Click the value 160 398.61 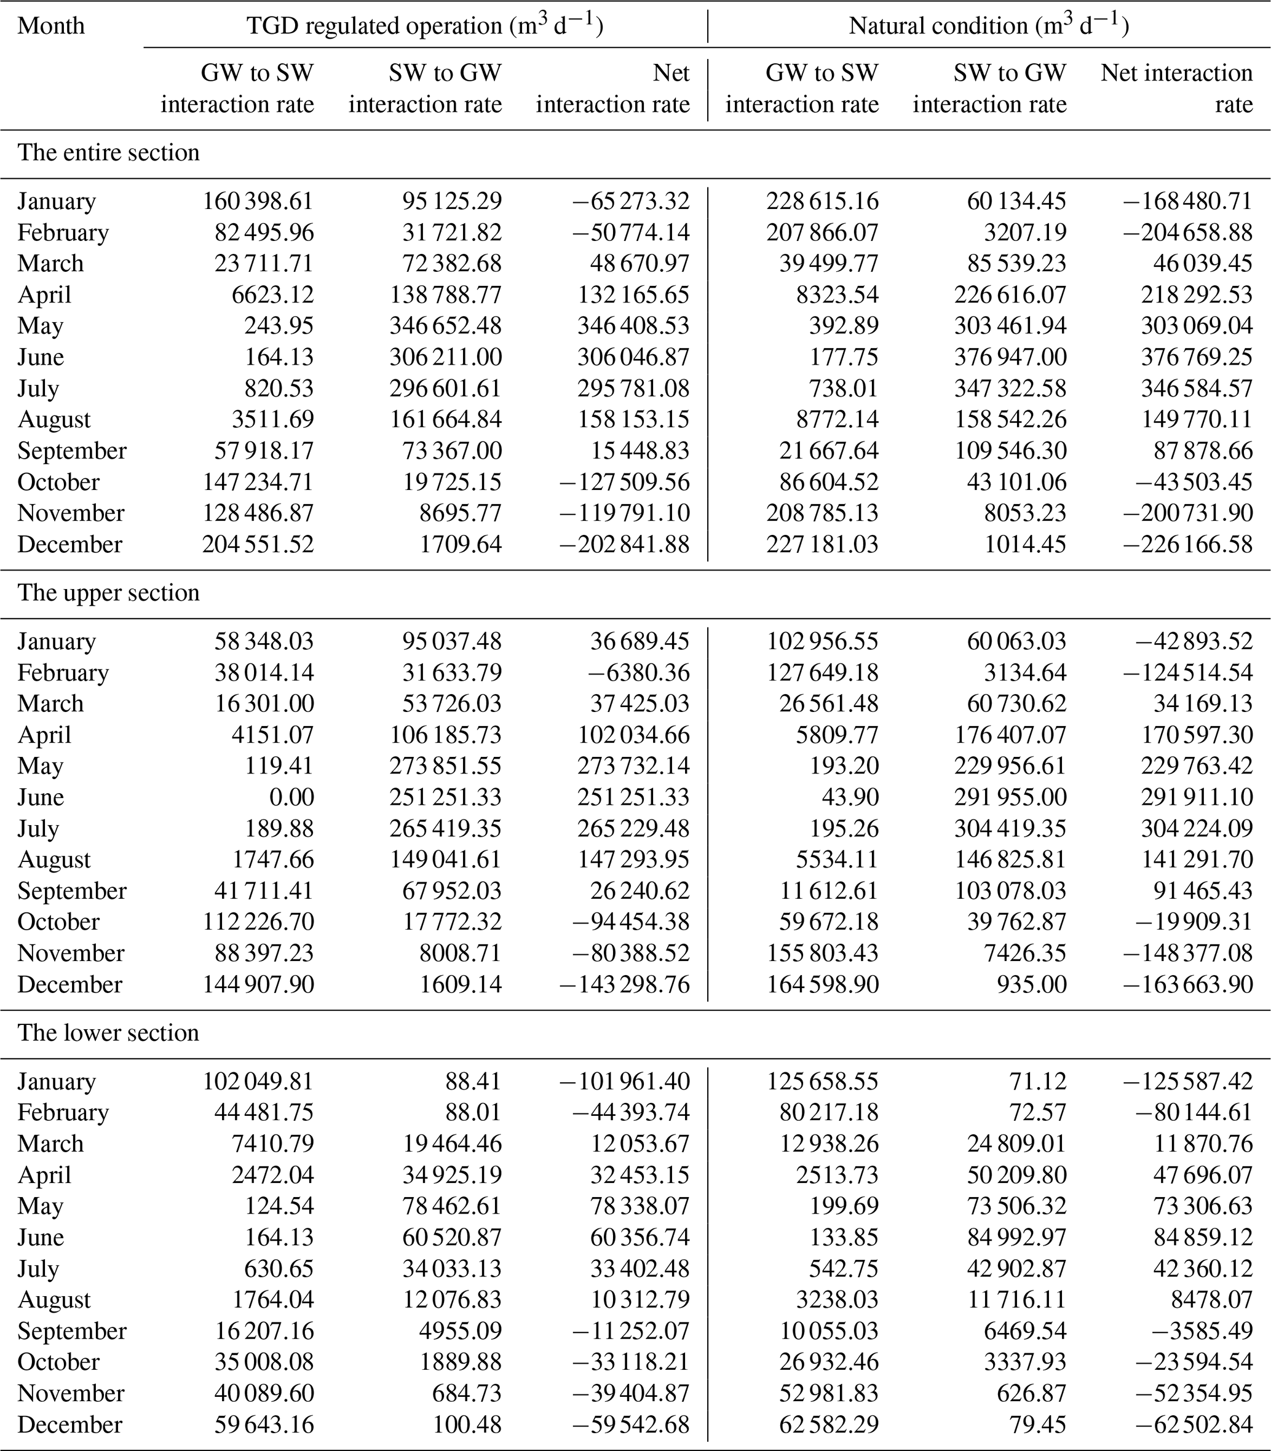click(x=258, y=202)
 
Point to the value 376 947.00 click(x=1010, y=357)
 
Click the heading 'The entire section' click(x=108, y=153)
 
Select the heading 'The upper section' click(x=108, y=593)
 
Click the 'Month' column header click(x=51, y=26)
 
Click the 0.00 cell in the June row click(x=291, y=797)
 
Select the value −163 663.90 click(x=1188, y=984)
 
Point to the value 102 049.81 click(x=258, y=1081)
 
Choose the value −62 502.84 click(x=1194, y=1425)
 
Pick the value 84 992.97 click(x=1016, y=1238)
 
